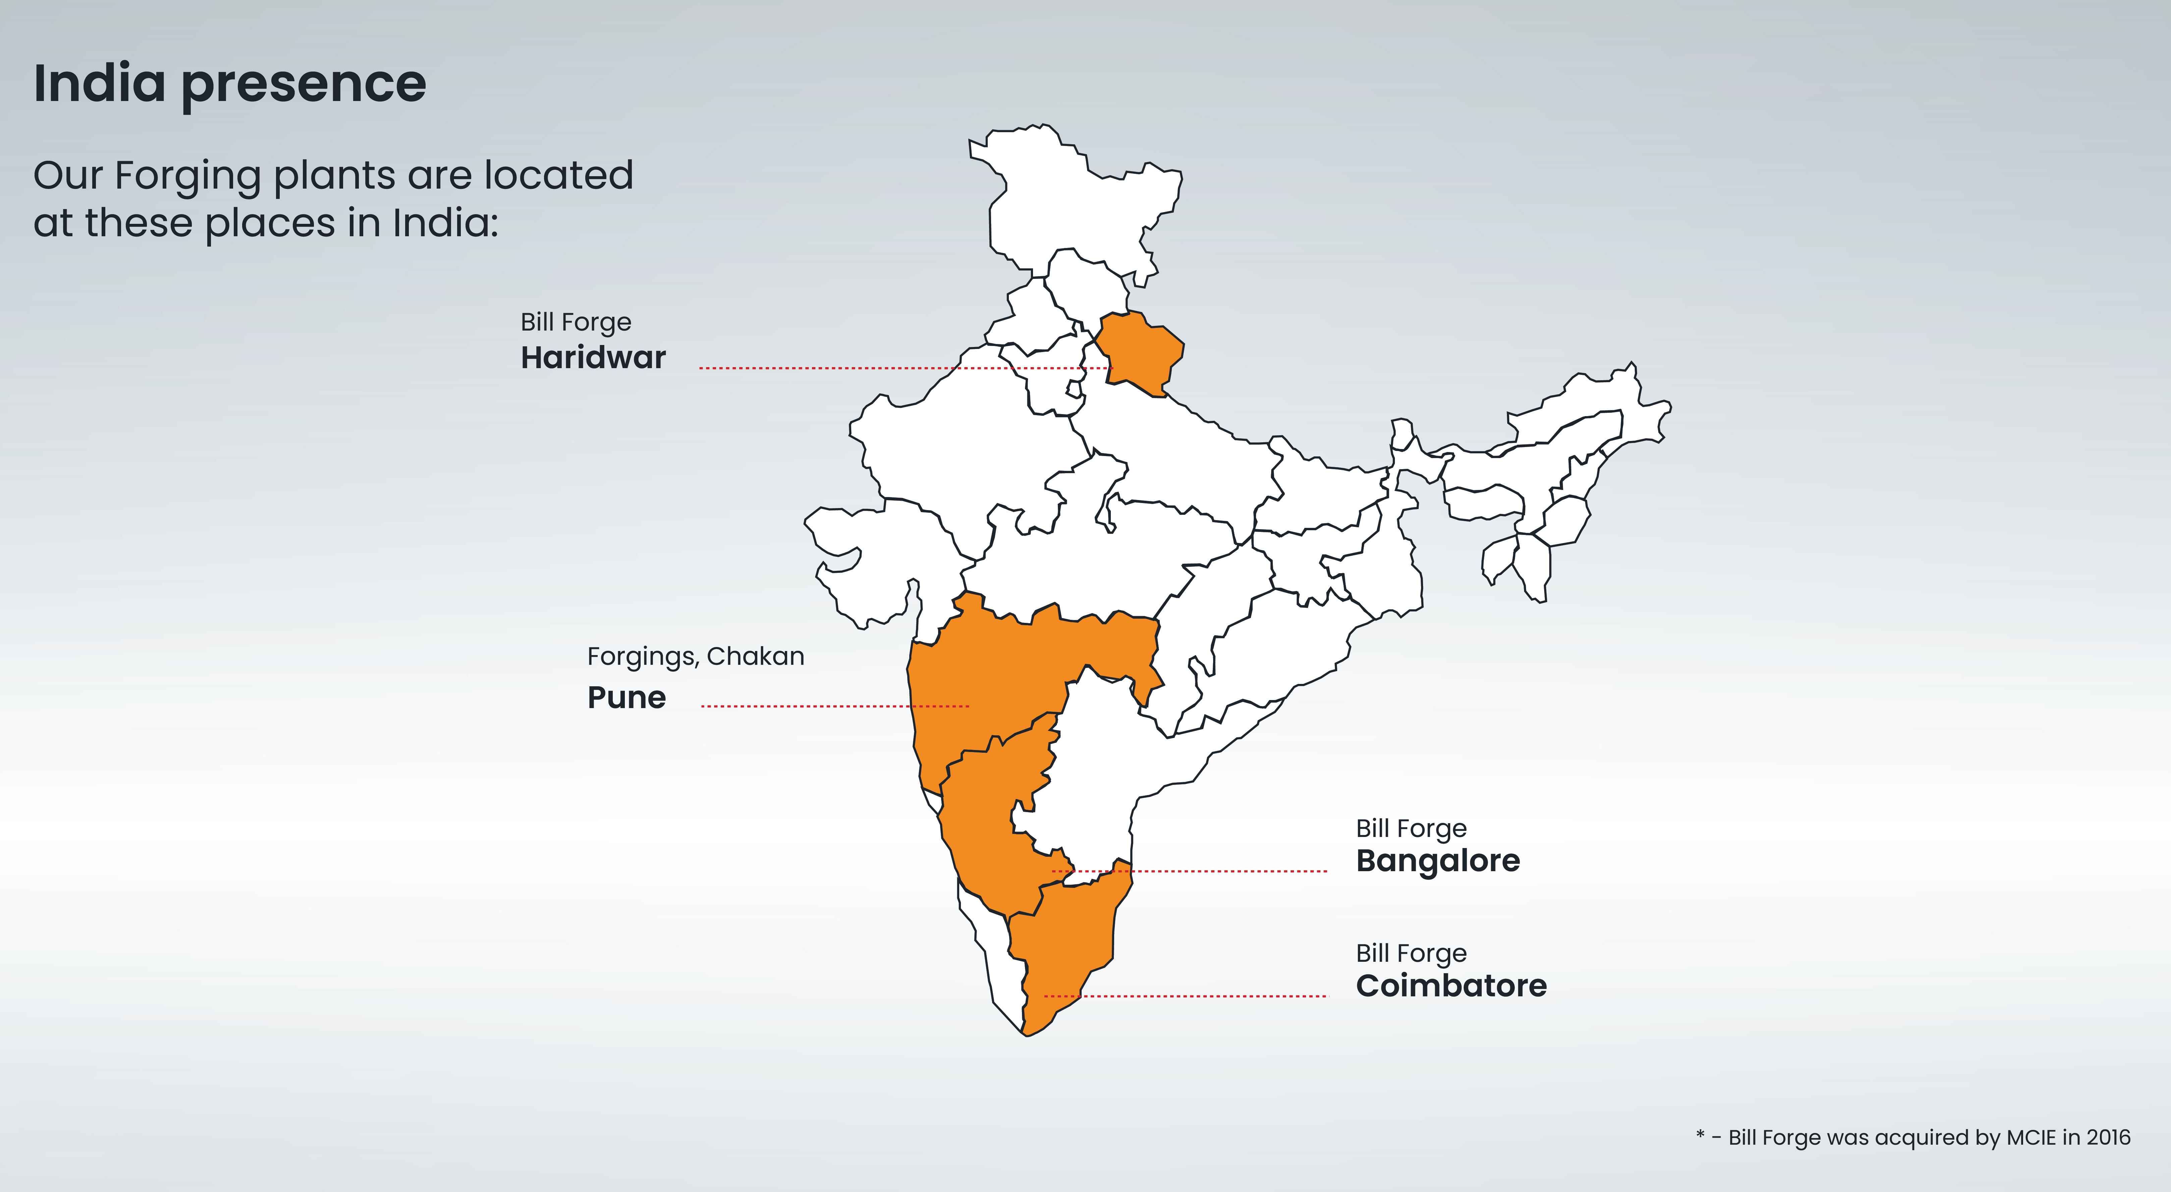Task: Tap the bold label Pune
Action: (x=626, y=698)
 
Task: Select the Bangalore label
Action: (x=1438, y=861)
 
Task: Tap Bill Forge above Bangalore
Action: (x=1411, y=829)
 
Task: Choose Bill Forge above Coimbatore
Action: (x=1411, y=953)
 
